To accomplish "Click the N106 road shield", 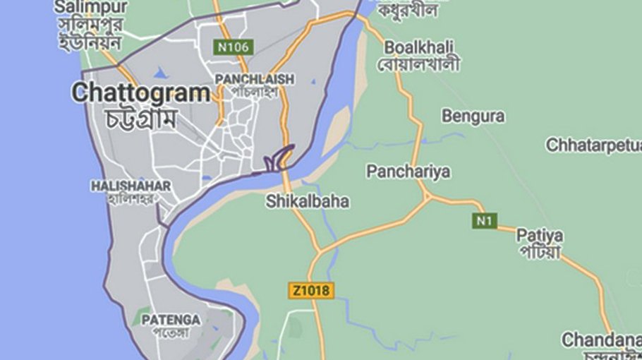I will click(x=233, y=47).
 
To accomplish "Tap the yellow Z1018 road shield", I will click(x=311, y=290).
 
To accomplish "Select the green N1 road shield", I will click(x=483, y=221).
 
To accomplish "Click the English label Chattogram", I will click(x=141, y=92).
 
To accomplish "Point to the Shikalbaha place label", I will click(x=308, y=201).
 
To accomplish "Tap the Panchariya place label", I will click(x=408, y=172).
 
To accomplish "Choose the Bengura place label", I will click(x=473, y=116).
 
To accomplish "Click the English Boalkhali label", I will click(x=419, y=47).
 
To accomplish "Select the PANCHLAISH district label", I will click(x=255, y=79).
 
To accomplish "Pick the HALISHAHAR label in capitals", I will click(x=131, y=186).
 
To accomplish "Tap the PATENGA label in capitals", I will click(x=171, y=320).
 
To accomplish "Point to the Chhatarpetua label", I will click(x=593, y=145).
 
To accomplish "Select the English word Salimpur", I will click(x=92, y=7).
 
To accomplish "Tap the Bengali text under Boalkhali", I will click(x=419, y=65).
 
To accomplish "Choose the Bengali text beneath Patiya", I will click(x=539, y=251).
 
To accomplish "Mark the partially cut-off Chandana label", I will click(x=600, y=340).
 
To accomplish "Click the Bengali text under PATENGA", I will click(x=171, y=333).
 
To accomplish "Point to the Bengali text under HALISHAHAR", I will click(x=131, y=198).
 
